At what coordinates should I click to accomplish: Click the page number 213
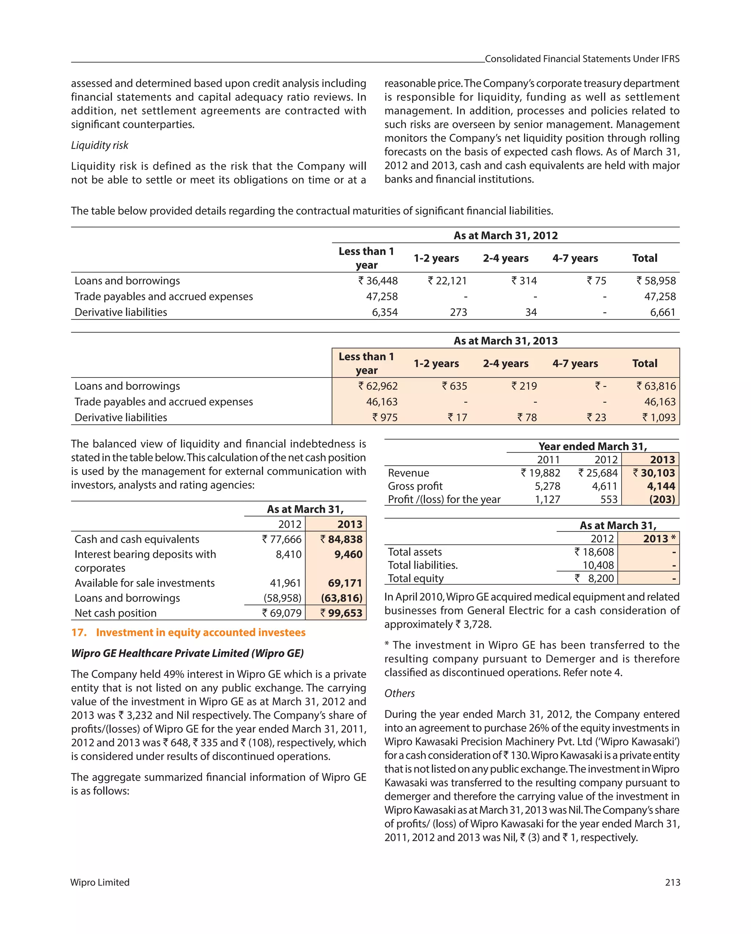[672, 882]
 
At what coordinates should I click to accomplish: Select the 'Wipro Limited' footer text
[100, 882]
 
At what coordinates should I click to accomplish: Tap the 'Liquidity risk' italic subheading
[100, 145]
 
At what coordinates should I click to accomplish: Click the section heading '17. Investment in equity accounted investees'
[188, 632]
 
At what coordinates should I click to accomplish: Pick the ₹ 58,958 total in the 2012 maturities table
[656, 281]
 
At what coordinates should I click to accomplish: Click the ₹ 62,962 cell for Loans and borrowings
[378, 386]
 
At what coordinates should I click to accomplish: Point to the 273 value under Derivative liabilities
[458, 312]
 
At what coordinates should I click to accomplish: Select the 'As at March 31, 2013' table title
[505, 341]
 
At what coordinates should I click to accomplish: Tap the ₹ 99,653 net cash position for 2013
[341, 613]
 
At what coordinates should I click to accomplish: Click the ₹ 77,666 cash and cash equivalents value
[282, 539]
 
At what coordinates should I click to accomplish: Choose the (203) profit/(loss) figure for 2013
[662, 500]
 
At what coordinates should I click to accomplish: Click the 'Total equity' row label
[416, 578]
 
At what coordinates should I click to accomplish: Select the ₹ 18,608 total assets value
[594, 552]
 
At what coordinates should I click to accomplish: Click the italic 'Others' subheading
[399, 694]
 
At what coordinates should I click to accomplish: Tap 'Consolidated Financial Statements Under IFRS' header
[582, 59]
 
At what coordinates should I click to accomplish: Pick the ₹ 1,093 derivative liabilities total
[659, 417]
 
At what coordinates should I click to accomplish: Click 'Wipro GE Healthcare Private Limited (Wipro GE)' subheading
[187, 653]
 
